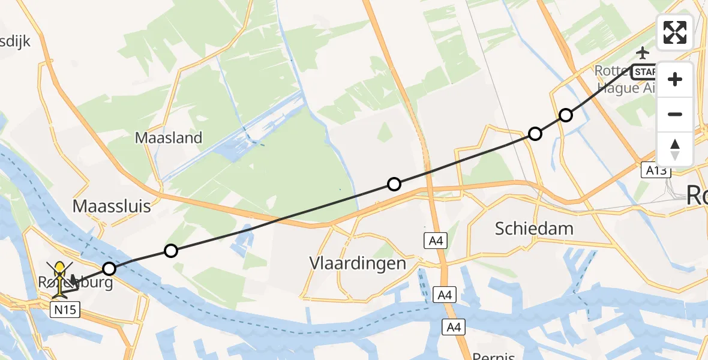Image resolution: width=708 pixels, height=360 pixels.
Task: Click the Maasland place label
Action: [169, 138]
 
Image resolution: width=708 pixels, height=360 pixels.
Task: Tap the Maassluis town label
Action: [111, 207]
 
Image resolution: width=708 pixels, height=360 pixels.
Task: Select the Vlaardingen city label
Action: [358, 263]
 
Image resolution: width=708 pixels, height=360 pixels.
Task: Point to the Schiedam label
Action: [534, 228]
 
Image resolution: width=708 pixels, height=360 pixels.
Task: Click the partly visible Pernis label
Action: [493, 356]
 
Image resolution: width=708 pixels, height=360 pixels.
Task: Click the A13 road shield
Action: [656, 170]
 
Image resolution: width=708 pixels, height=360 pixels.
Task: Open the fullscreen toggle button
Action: [675, 32]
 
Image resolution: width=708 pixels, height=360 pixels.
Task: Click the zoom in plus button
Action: [675, 79]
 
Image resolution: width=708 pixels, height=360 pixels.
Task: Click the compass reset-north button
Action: [675, 149]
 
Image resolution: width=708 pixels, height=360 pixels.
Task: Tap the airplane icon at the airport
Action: [644, 53]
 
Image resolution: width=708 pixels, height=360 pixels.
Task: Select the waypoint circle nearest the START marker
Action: [566, 115]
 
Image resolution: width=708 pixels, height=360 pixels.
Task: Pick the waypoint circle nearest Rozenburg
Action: [109, 269]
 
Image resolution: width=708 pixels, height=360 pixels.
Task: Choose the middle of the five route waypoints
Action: [394, 184]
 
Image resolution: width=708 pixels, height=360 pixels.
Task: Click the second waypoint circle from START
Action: [535, 134]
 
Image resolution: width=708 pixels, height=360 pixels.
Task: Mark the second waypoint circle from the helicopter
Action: [171, 251]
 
